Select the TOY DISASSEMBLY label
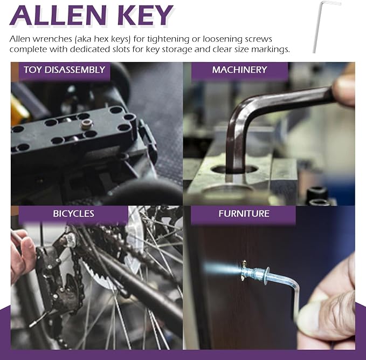coord(65,70)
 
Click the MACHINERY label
coord(239,70)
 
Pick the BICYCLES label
coord(73,213)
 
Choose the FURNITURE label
coord(244,213)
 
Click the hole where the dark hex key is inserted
coord(234,169)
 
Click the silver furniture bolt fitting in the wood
coord(255,273)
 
